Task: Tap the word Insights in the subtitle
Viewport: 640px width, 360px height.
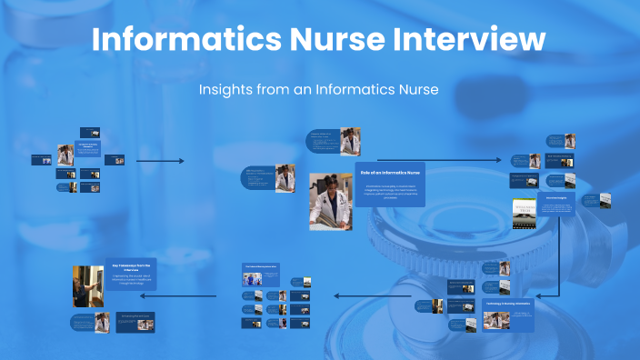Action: pyautogui.click(x=223, y=89)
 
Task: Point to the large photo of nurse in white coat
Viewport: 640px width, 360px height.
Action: pyautogui.click(x=330, y=201)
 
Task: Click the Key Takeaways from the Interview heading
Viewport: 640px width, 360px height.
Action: pyautogui.click(x=133, y=266)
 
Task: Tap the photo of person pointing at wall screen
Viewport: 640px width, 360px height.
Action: pyautogui.click(x=87, y=285)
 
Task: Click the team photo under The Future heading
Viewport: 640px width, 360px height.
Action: pyautogui.click(x=253, y=280)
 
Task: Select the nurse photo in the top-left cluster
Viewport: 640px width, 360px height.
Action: pyautogui.click(x=66, y=155)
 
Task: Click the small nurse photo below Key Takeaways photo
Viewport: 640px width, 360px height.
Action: pyautogui.click(x=103, y=322)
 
